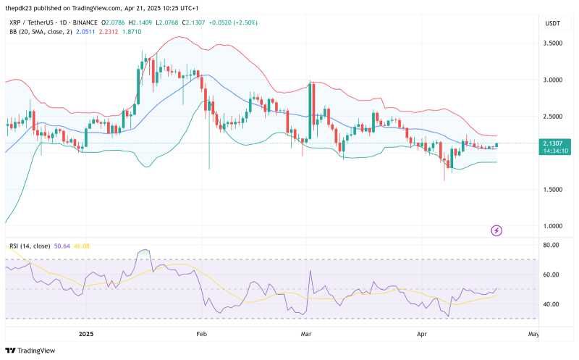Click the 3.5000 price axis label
pos(552,43)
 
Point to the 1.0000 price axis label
pos(552,226)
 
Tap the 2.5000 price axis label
pos(552,117)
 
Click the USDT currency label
pos(552,24)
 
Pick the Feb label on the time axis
pos(202,334)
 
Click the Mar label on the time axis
pos(306,334)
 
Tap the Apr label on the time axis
pos(422,334)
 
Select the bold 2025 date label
pos(86,334)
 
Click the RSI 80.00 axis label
pos(551,245)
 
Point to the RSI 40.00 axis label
pos(551,304)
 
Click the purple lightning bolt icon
pos(496,230)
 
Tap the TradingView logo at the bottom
pos(30,351)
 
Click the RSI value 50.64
pos(62,246)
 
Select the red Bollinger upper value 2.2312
pos(109,32)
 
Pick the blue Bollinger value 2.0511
pos(85,32)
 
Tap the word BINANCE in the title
pos(85,22)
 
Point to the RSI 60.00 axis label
pos(551,275)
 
